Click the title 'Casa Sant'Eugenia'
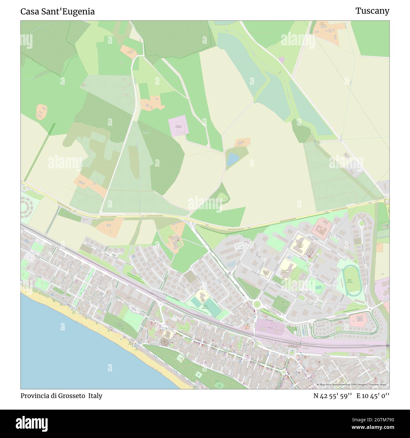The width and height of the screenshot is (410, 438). click(x=57, y=12)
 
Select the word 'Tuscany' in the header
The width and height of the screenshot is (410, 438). click(x=372, y=11)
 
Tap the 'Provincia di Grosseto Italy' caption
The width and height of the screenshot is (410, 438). click(x=61, y=395)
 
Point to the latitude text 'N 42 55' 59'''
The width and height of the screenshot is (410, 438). click(x=332, y=395)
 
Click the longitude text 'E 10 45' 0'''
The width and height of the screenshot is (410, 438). click(x=373, y=395)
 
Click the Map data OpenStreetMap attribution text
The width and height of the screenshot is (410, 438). click(x=353, y=384)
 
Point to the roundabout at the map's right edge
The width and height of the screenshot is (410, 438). click(x=387, y=202)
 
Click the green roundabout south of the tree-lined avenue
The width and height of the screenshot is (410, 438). click(x=257, y=304)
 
